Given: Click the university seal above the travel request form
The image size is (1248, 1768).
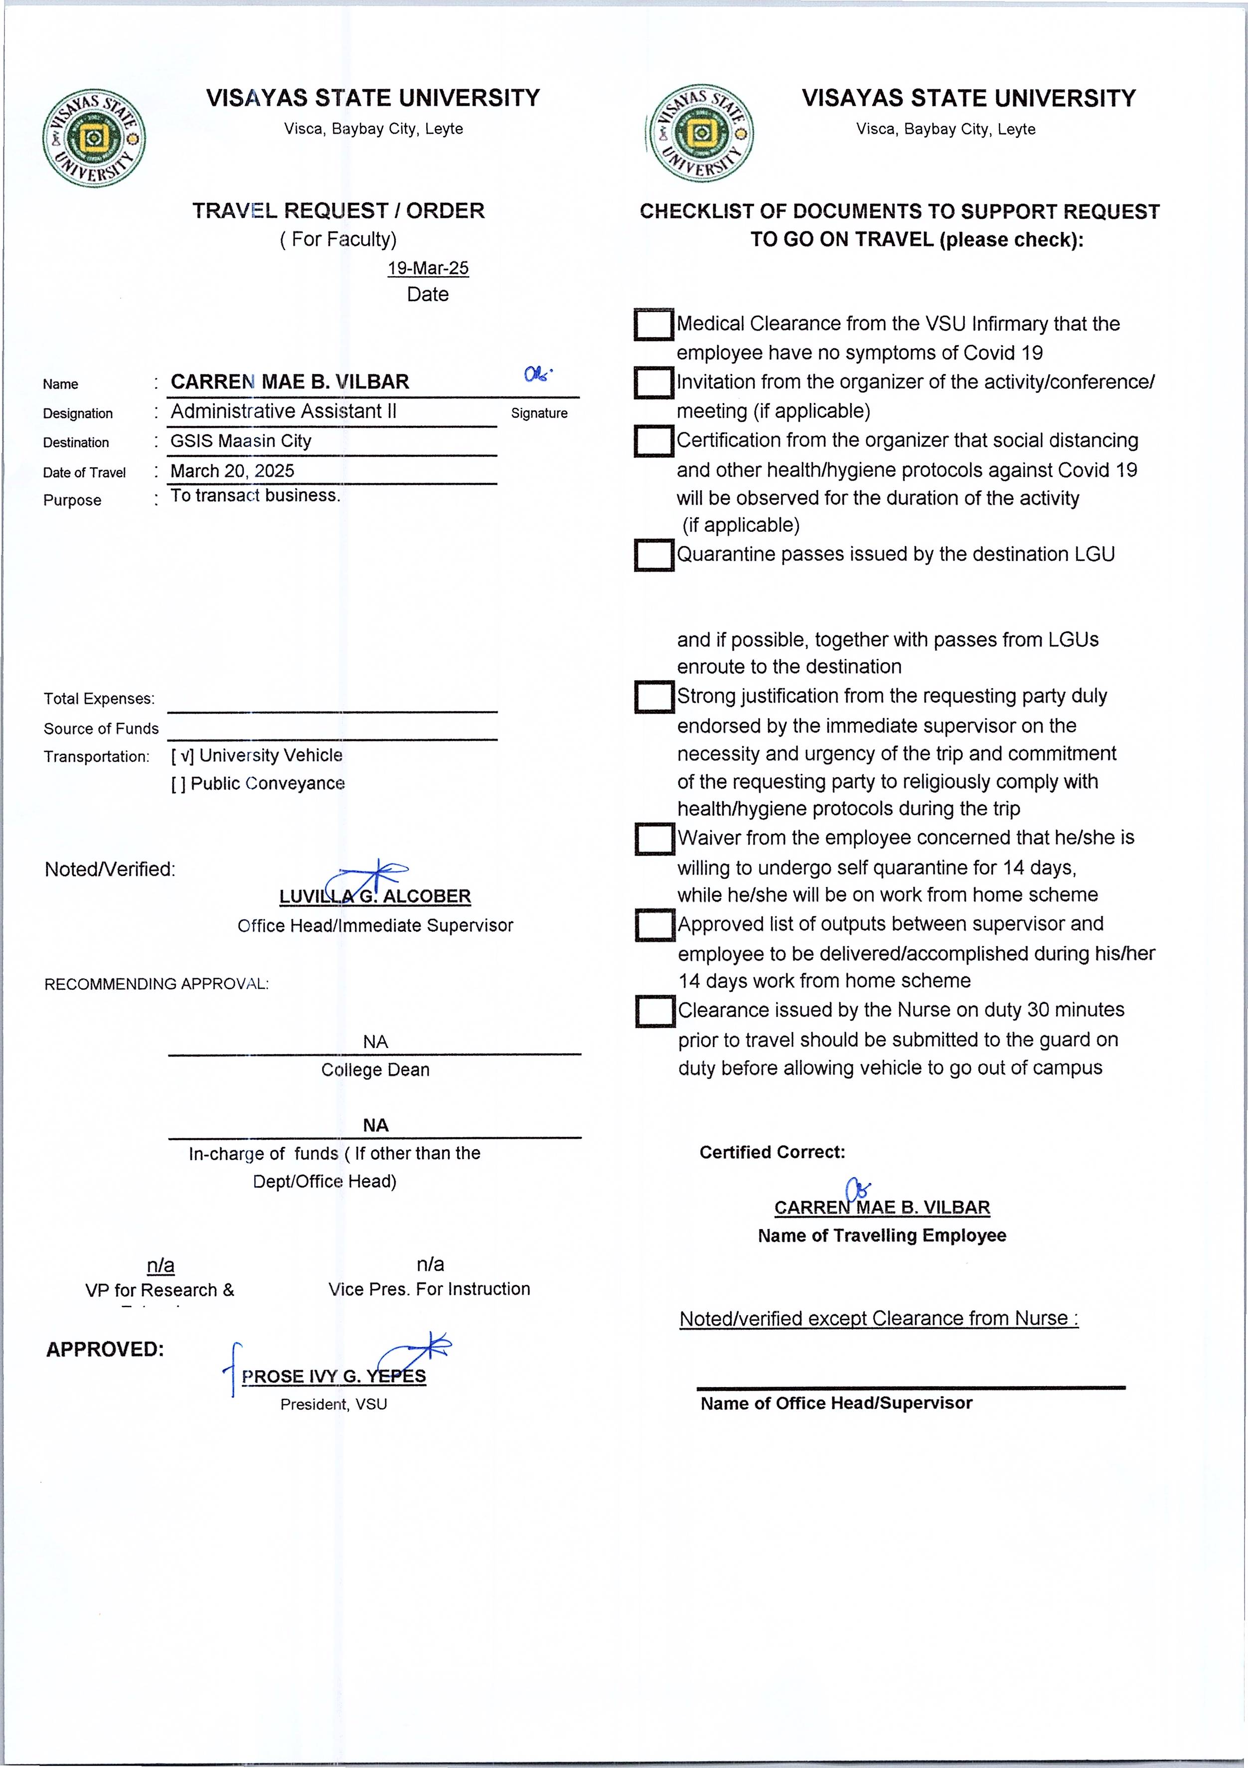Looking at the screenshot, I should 94,139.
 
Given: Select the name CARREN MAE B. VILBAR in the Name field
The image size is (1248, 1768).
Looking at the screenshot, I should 290,382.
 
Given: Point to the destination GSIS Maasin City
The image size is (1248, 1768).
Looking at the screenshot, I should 240,441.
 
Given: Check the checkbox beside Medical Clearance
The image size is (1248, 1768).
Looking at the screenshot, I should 653,324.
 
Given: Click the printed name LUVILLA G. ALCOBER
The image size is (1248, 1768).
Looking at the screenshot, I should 375,896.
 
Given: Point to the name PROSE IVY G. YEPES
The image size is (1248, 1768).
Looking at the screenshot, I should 333,1376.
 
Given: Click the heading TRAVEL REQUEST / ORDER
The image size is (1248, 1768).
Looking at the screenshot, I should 338,211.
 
